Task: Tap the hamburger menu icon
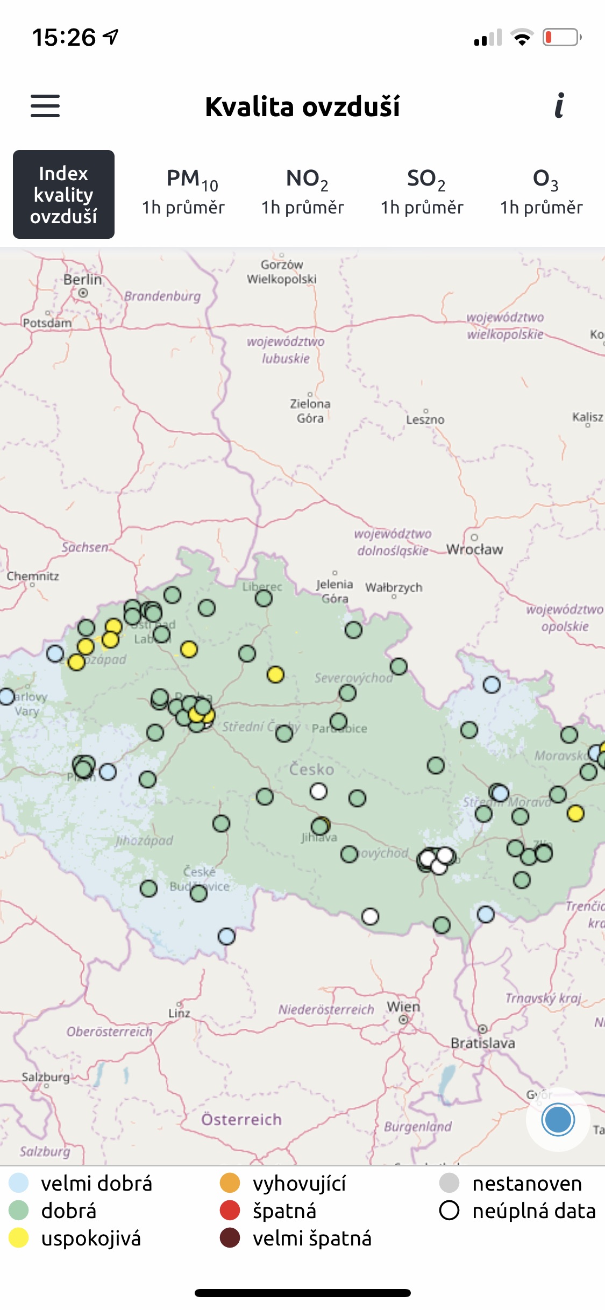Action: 45,106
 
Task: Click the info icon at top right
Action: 559,105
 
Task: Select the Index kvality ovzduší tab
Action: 63,194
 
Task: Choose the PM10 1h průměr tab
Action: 183,193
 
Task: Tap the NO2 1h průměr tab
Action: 302,193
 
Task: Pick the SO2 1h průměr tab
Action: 422,193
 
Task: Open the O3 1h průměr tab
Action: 541,193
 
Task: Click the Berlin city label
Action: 82,280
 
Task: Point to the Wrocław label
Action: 474,549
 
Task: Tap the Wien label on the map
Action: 403,1007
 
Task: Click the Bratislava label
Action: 482,1043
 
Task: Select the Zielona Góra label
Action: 310,411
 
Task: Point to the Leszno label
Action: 425,419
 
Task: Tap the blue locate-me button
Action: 558,1120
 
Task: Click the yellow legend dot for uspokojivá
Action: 19,1238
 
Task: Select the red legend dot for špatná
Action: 230,1211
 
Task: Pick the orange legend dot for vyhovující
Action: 230,1183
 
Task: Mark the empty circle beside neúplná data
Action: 449,1211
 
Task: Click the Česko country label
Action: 311,770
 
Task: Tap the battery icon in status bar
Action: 561,38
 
